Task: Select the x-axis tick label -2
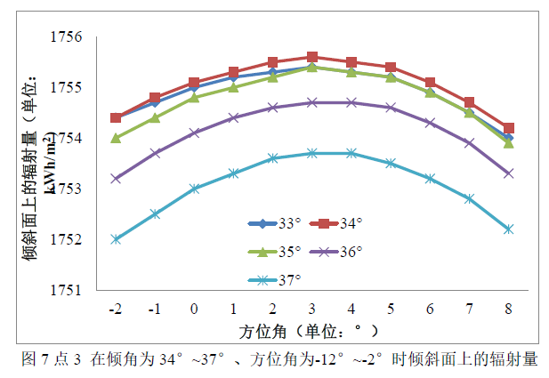tap(115, 309)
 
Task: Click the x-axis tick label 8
tap(508, 309)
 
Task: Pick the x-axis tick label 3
tap(311, 309)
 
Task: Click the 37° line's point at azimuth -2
tap(116, 239)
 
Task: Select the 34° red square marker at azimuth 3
tap(312, 57)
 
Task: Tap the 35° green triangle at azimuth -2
tap(116, 138)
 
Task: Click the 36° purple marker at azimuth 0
tap(194, 133)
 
